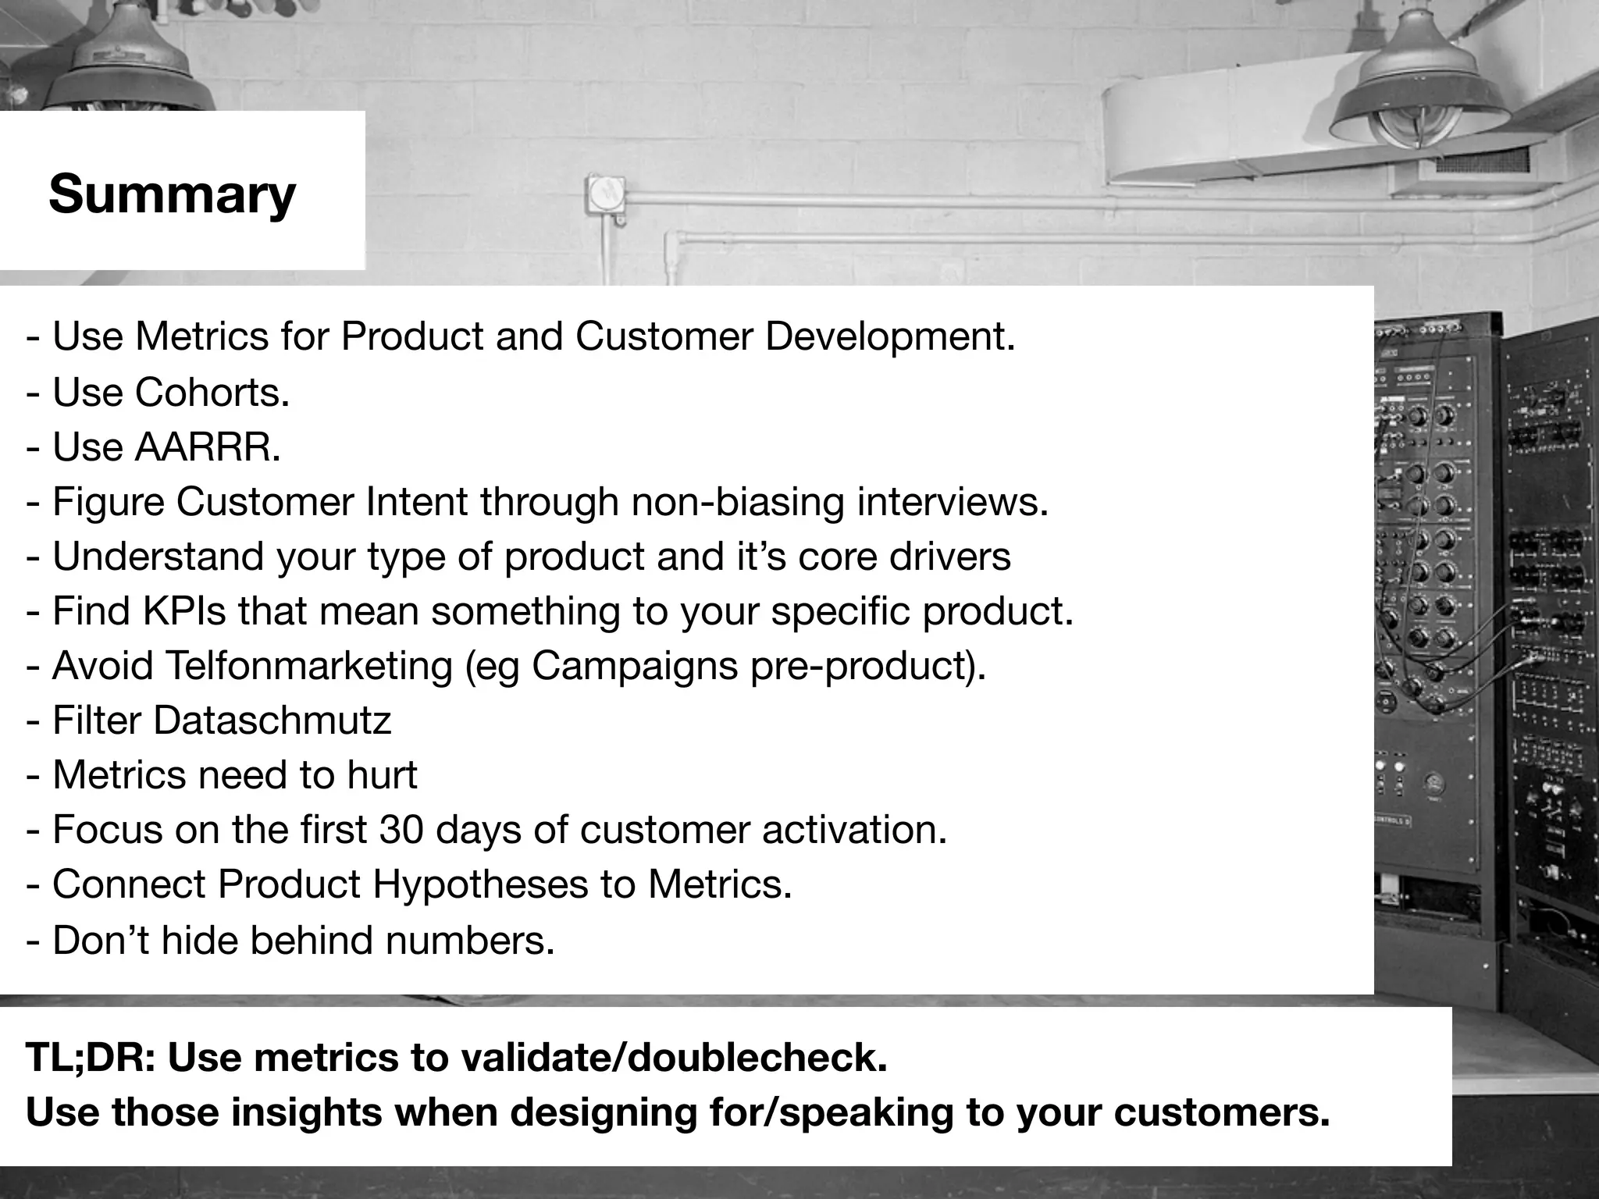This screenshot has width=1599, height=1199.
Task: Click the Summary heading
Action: (172, 194)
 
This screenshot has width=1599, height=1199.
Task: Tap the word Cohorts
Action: (212, 392)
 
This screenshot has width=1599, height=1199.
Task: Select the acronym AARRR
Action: (207, 447)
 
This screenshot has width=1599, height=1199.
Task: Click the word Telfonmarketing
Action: (309, 666)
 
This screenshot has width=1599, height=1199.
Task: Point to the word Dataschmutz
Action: (272, 720)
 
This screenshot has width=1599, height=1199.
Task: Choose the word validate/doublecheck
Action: (674, 1058)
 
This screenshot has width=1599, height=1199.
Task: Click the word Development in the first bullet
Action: (890, 337)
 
